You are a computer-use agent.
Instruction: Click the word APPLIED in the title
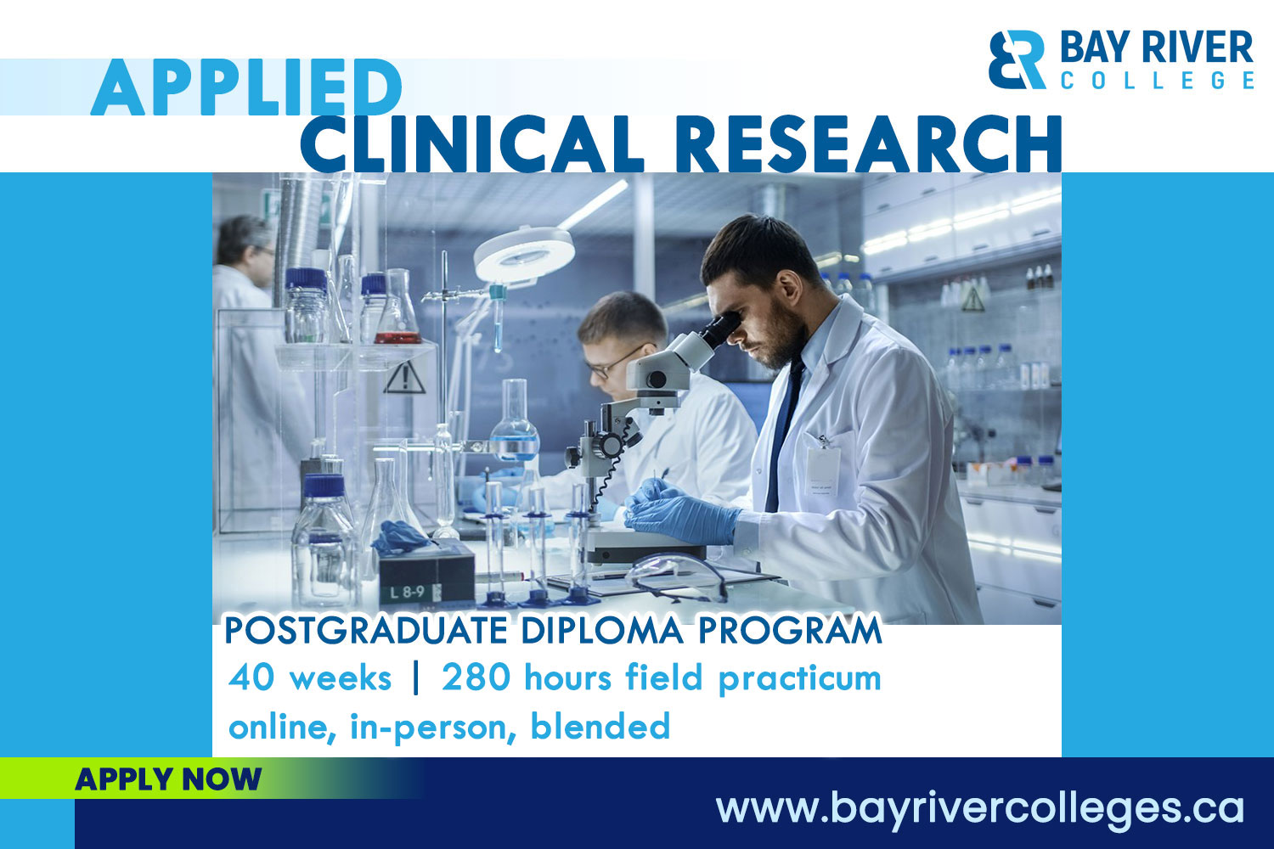[246, 87]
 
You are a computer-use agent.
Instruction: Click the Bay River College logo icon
[1017, 59]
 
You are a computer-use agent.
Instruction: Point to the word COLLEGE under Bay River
[1157, 80]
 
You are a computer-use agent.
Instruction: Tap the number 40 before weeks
[250, 678]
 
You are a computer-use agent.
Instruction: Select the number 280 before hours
[476, 678]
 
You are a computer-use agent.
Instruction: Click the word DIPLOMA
[601, 631]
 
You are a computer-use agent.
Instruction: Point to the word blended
[600, 727]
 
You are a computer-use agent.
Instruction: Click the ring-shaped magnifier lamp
[524, 254]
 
